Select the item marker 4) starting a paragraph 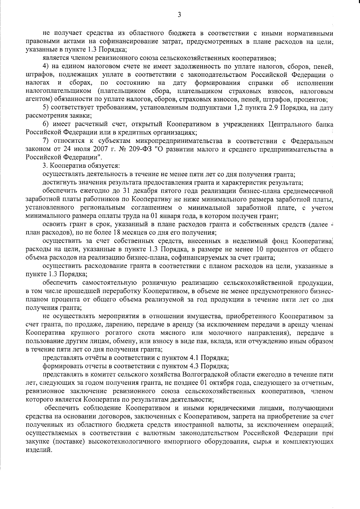[x=46, y=66]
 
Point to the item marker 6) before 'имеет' [x=46, y=124]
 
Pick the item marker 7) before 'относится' [x=46, y=141]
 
